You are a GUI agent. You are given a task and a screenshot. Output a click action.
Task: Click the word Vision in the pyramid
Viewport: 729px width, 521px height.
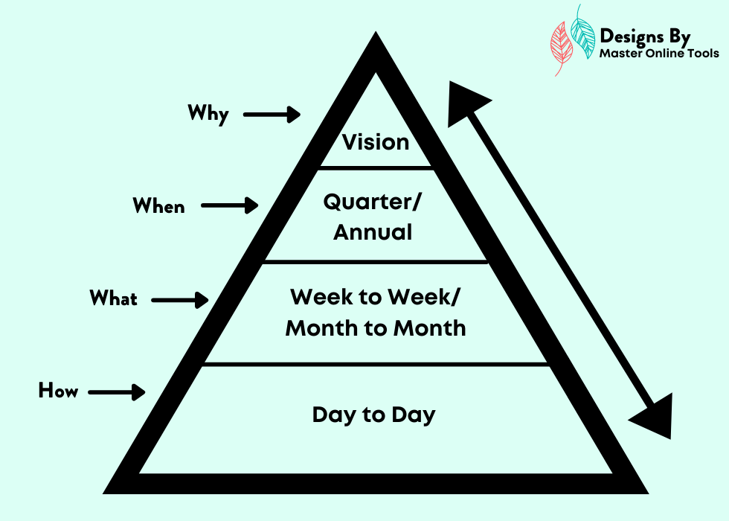click(x=376, y=142)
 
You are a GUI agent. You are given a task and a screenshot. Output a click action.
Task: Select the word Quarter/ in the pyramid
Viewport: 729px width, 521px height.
click(x=372, y=202)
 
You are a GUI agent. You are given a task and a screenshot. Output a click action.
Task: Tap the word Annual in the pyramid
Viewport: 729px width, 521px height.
click(x=373, y=232)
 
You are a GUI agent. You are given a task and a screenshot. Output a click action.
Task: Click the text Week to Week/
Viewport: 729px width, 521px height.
click(x=375, y=297)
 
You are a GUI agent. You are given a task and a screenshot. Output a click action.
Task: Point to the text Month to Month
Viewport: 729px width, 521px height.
click(x=376, y=328)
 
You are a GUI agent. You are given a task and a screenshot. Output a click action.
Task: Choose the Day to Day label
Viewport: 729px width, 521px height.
click(x=373, y=415)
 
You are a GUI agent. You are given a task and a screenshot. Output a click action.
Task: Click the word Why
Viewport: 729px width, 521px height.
click(x=208, y=114)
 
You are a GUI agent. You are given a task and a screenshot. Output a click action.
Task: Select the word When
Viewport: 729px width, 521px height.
click(x=158, y=205)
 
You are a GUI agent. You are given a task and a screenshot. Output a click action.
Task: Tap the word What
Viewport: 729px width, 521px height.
click(x=113, y=298)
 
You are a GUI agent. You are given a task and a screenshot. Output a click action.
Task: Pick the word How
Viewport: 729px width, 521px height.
click(x=58, y=390)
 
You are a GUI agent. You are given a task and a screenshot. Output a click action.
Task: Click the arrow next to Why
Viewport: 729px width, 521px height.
click(x=272, y=115)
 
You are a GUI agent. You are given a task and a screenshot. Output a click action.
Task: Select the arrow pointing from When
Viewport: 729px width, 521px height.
click(x=230, y=205)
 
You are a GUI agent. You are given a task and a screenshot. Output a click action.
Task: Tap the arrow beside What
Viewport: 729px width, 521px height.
click(x=180, y=300)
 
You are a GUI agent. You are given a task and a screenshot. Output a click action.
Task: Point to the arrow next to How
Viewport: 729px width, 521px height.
click(x=117, y=392)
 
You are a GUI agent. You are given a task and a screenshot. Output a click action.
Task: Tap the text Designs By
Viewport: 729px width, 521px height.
click(x=645, y=36)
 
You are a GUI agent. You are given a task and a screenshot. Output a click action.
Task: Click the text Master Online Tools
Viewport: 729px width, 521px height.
click(x=659, y=54)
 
